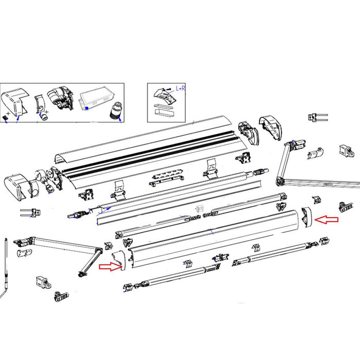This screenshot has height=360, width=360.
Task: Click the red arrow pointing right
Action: pos(111,266)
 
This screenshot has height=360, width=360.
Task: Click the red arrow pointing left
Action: pos(327,220)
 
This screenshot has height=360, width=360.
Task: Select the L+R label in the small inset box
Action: pos(182,88)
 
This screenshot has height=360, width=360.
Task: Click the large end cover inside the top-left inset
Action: pos(16,102)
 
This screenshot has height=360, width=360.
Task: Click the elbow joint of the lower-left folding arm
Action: pos(97,251)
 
